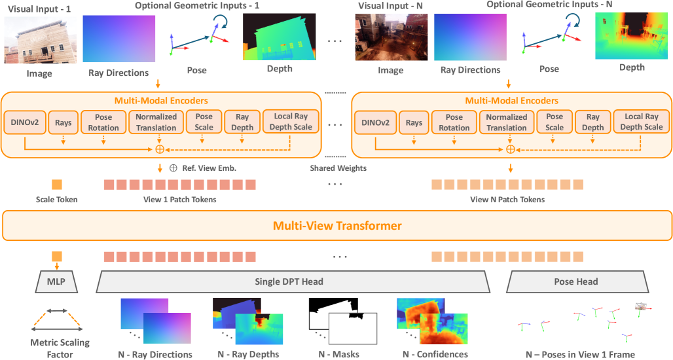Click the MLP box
56,282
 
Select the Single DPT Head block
293,282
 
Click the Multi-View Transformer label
336,226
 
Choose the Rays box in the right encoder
413,122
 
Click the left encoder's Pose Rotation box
103,122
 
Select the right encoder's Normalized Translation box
507,122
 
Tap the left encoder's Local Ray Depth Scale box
292,122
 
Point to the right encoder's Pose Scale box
554,122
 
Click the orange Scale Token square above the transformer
56,185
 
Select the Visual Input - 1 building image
39,40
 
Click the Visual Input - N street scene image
391,39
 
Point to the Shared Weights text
338,168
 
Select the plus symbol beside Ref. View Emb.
173,168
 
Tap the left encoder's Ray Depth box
243,122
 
